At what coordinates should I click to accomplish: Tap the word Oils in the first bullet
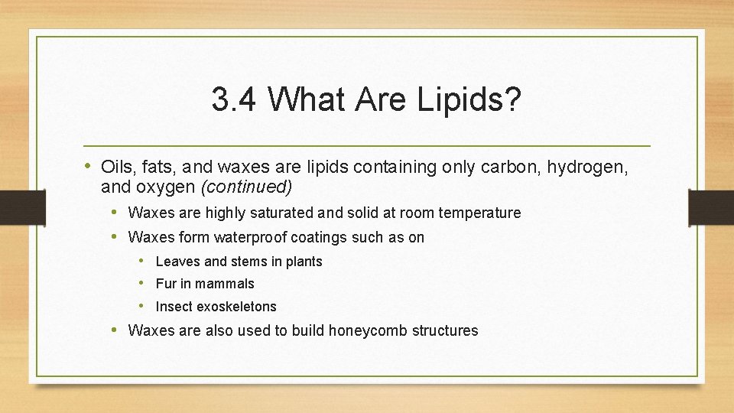point(116,167)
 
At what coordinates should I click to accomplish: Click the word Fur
point(165,284)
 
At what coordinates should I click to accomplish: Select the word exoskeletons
point(236,307)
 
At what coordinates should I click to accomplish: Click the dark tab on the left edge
point(11,206)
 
